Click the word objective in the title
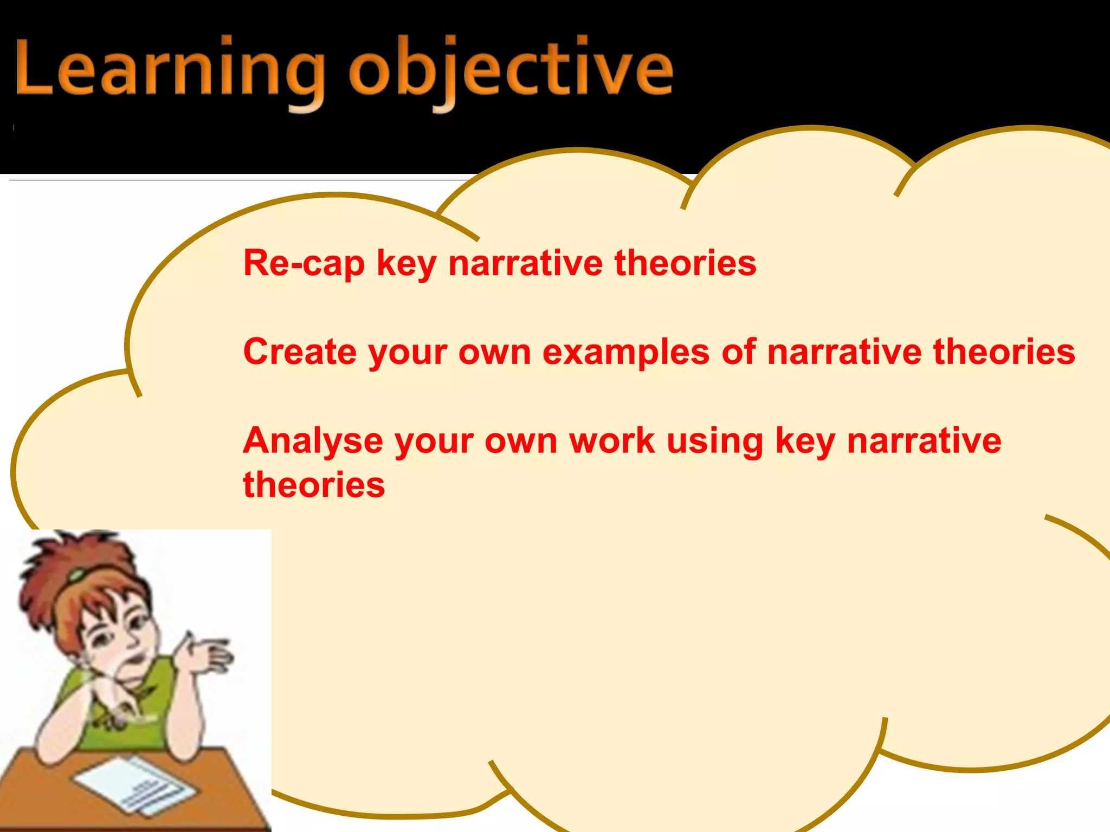point(511,72)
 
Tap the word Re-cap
point(304,264)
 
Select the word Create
point(299,352)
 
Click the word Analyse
point(312,441)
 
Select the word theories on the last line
point(314,484)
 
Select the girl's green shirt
point(125,704)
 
